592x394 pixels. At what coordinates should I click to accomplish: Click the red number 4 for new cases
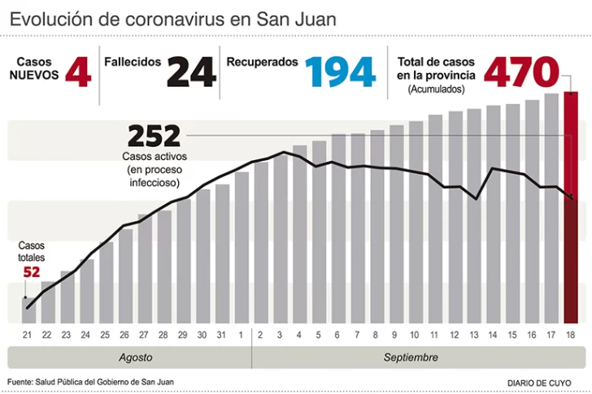tap(78, 72)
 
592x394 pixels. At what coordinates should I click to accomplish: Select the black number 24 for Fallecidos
tap(192, 72)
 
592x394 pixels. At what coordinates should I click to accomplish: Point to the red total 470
tap(521, 71)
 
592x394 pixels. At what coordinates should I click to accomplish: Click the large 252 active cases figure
tap(154, 135)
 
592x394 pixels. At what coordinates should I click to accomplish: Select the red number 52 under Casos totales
tap(32, 272)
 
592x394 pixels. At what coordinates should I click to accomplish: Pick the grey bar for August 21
tap(28, 310)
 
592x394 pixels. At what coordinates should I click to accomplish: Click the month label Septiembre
tap(411, 357)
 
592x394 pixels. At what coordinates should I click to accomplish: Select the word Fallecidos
tap(133, 62)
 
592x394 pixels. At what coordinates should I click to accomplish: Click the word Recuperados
tap(262, 62)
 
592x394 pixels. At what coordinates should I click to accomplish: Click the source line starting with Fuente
tap(90, 382)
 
